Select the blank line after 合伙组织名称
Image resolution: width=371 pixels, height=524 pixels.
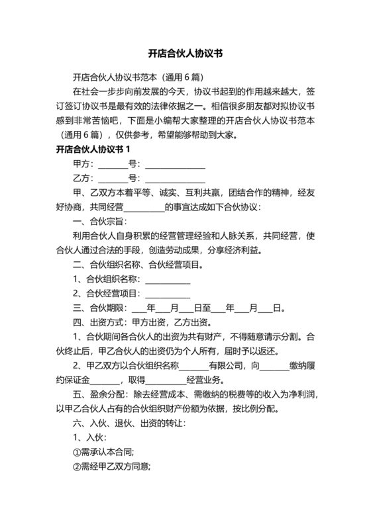click(x=167, y=279)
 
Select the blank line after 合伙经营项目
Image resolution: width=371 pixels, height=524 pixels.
click(x=167, y=294)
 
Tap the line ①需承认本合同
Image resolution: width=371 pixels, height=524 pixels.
click(x=103, y=453)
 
